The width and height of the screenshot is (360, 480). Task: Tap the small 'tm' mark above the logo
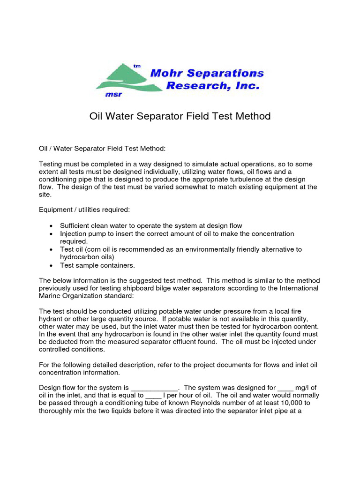[137, 66]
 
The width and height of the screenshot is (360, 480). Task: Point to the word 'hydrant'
[52, 319]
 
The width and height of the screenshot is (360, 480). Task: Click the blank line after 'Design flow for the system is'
[154, 388]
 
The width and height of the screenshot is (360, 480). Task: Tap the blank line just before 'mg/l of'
[285, 388]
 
